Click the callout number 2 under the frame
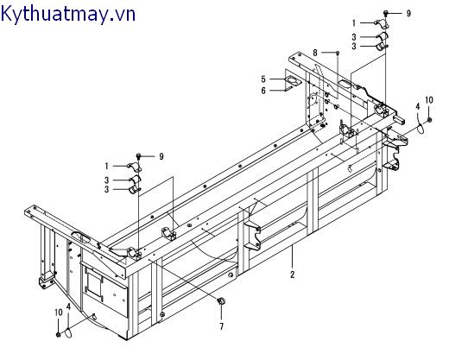tap(293, 275)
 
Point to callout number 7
tap(220, 327)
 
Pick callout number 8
tap(316, 53)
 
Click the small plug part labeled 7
tap(220, 300)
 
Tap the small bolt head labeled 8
tap(336, 54)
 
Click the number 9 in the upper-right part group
tap(408, 14)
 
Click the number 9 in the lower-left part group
tap(160, 155)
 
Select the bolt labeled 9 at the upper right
tap(389, 14)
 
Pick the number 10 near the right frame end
tap(429, 100)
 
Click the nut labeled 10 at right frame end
tap(429, 117)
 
